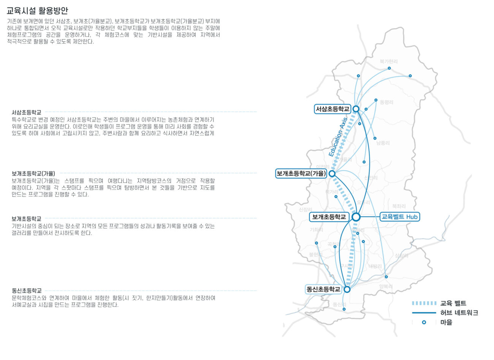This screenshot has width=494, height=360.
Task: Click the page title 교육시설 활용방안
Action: click(x=37, y=11)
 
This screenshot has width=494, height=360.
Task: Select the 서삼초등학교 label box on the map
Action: click(x=332, y=109)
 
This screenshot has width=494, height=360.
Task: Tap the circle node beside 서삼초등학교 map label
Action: click(x=356, y=109)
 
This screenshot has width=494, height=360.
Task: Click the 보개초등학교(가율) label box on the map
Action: click(x=301, y=174)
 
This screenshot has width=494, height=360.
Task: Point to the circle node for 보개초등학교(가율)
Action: click(x=332, y=174)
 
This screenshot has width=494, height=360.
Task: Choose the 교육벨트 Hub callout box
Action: click(x=399, y=217)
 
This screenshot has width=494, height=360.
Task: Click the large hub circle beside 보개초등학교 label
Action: click(x=356, y=217)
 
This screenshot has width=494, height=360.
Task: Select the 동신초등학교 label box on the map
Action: click(x=323, y=289)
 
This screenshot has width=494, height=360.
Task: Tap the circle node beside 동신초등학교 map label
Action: click(x=347, y=289)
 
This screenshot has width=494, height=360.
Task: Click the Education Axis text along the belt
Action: click(x=338, y=138)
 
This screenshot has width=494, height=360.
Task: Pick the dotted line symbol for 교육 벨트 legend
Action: click(x=424, y=303)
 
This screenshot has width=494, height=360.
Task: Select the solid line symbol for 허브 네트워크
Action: click(x=424, y=313)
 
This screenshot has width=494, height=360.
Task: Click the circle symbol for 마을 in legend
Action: click(x=424, y=322)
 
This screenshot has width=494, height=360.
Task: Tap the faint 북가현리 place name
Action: click(x=389, y=62)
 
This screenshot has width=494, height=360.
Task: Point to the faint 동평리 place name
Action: click(x=386, y=103)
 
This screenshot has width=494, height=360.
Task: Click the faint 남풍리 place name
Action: click(x=383, y=143)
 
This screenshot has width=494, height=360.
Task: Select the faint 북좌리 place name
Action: click(x=399, y=206)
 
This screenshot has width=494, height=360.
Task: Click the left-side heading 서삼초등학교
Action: click(x=26, y=113)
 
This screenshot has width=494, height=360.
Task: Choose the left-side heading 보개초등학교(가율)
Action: click(x=33, y=174)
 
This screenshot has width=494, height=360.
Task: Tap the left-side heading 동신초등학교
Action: click(x=26, y=290)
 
